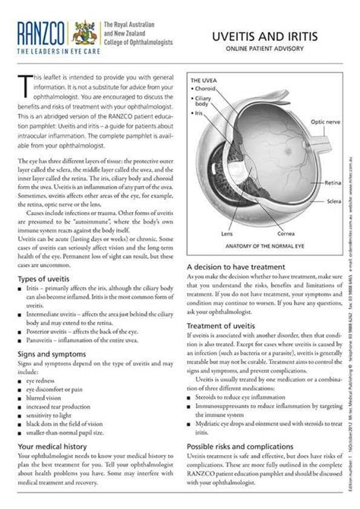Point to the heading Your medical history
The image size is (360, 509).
(x=54, y=448)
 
